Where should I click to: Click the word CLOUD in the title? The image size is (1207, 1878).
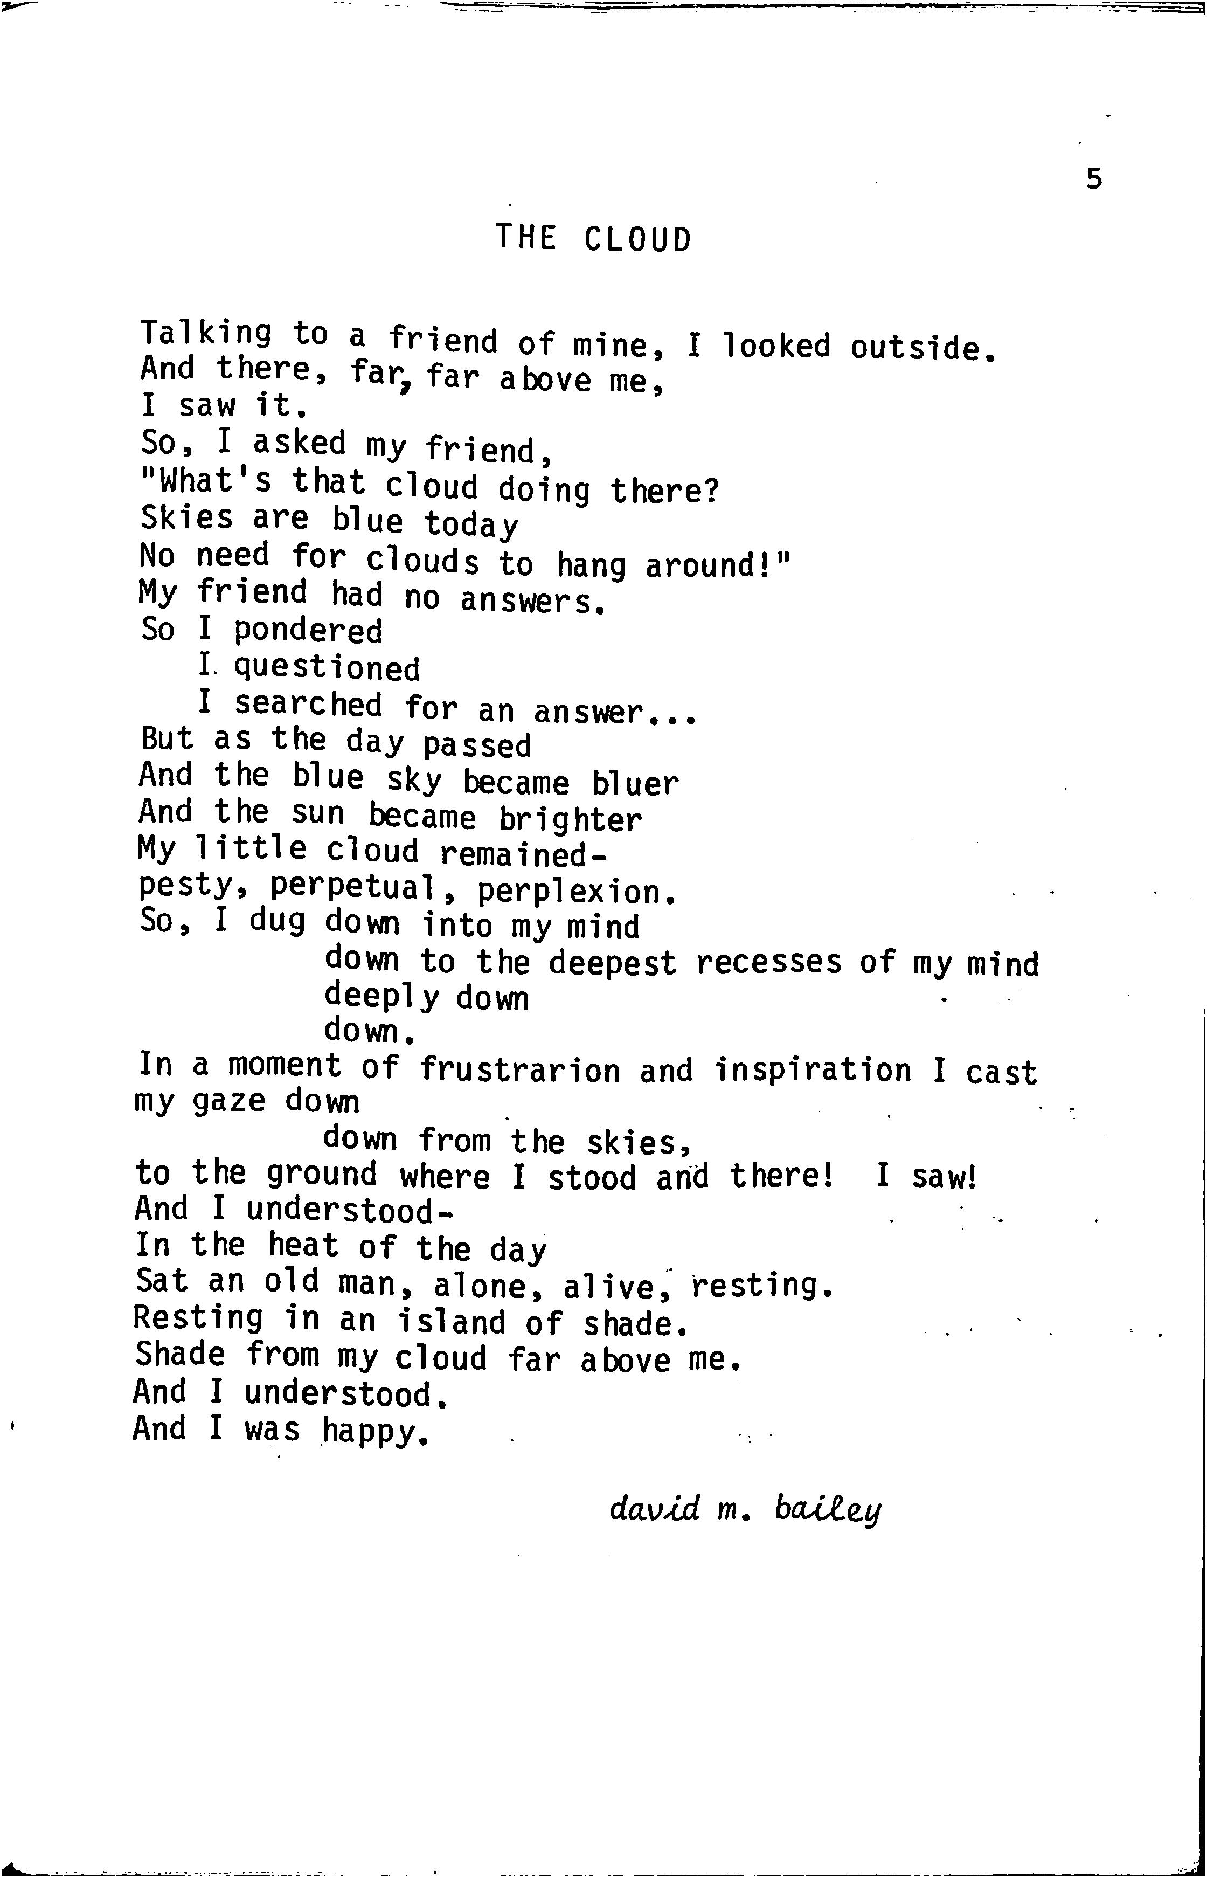click(x=637, y=239)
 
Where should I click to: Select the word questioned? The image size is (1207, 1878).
click(x=327, y=668)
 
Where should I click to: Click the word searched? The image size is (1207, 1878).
click(x=308, y=704)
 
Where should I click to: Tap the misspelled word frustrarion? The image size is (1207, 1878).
click(x=519, y=1070)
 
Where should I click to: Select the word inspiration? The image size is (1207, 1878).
click(x=813, y=1070)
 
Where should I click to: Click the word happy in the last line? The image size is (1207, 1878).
click(x=376, y=1431)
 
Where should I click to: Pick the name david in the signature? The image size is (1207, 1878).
click(x=655, y=1508)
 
